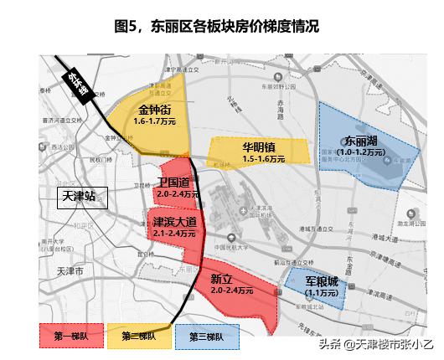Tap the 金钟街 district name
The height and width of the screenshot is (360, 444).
tap(154, 110)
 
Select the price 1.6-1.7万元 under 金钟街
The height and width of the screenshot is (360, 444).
tap(154, 121)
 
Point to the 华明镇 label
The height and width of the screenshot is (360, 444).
tap(259, 146)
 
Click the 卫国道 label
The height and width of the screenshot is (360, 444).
tap(177, 183)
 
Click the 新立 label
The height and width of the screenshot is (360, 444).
tap(221, 279)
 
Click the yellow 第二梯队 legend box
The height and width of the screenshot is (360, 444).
tap(138, 337)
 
